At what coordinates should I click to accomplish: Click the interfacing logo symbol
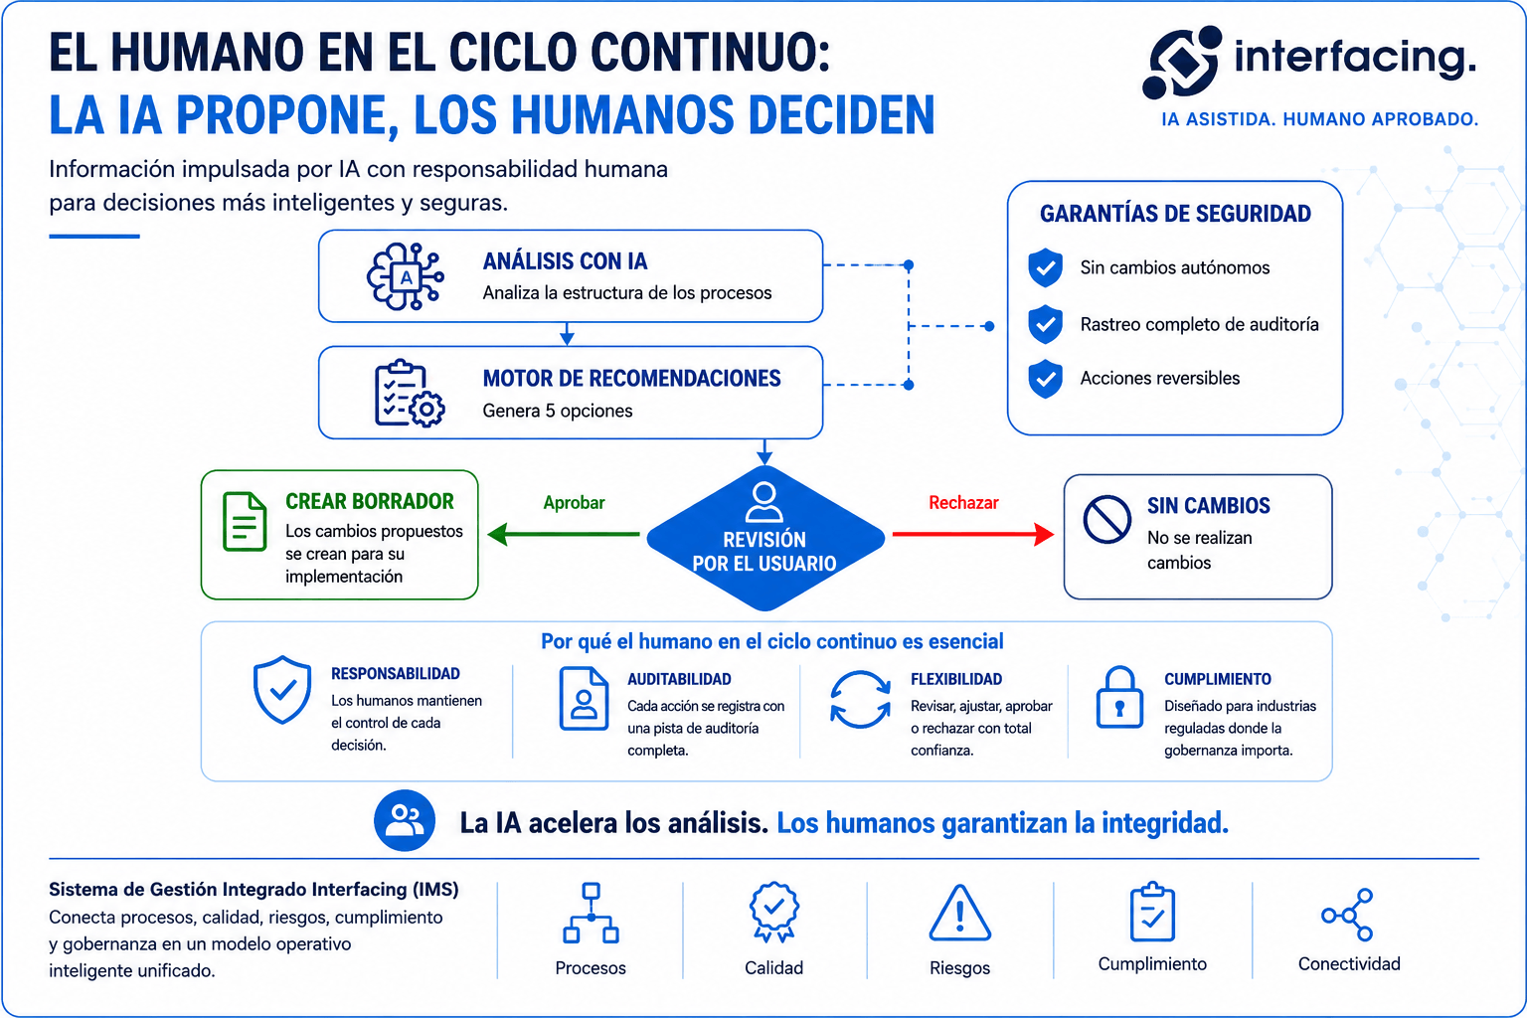pyautogui.click(x=1182, y=62)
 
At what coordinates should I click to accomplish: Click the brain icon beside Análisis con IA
pyautogui.click(x=406, y=276)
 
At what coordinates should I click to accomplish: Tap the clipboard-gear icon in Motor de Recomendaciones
pyautogui.click(x=409, y=394)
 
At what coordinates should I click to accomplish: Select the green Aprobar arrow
pyautogui.click(x=564, y=534)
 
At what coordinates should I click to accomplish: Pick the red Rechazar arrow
pyautogui.click(x=973, y=534)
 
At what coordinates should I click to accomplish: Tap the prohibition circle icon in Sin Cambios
pyautogui.click(x=1107, y=520)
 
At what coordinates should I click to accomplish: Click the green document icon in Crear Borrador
pyautogui.click(x=245, y=521)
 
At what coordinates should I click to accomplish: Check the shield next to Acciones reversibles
pyautogui.click(x=1045, y=379)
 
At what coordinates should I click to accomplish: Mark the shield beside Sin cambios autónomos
pyautogui.click(x=1045, y=267)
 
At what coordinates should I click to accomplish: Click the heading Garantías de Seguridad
pyautogui.click(x=1175, y=214)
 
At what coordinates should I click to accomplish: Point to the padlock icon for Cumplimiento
pyautogui.click(x=1119, y=698)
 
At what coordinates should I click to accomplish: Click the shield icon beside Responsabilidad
pyautogui.click(x=282, y=689)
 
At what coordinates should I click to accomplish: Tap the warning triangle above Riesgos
pyautogui.click(x=959, y=913)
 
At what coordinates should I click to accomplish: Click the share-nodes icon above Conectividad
pyautogui.click(x=1347, y=915)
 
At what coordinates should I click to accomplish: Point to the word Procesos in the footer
pyautogui.click(x=591, y=967)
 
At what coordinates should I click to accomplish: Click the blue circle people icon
pyautogui.click(x=405, y=820)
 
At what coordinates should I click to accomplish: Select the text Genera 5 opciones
pyautogui.click(x=558, y=411)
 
